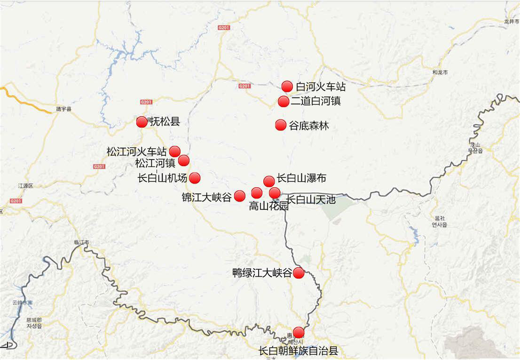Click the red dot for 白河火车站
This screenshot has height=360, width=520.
click(x=287, y=86)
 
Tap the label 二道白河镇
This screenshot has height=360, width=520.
click(x=315, y=101)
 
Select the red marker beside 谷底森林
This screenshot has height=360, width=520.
click(x=281, y=125)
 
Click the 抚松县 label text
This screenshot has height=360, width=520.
click(x=165, y=122)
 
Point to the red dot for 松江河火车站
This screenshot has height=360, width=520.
click(x=174, y=151)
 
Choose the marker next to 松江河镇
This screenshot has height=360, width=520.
click(x=184, y=160)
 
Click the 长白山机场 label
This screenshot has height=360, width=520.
click(x=162, y=178)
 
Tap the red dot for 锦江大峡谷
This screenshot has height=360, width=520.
click(x=239, y=196)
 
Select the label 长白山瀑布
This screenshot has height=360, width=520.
click(x=301, y=178)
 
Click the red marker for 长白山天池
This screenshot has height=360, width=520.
click(x=275, y=192)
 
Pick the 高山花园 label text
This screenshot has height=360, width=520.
click(x=268, y=206)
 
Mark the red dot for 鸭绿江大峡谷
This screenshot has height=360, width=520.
click(x=299, y=272)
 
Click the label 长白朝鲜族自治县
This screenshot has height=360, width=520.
click(x=298, y=351)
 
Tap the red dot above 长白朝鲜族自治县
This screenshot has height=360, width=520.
click(x=299, y=332)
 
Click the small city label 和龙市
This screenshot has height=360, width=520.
click(x=440, y=72)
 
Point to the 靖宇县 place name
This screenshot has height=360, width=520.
click(x=63, y=109)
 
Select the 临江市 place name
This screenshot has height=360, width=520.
click(x=81, y=242)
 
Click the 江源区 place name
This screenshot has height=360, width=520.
click(x=25, y=186)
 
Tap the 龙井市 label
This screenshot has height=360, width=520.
click(x=512, y=22)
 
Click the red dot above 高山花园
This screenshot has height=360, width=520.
click(x=257, y=192)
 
